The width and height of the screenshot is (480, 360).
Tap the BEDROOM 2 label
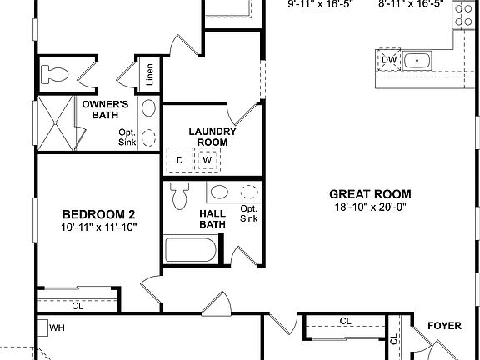pos(98,213)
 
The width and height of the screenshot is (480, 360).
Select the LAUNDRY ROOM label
pos(212,137)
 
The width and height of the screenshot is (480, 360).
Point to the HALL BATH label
pos(212,218)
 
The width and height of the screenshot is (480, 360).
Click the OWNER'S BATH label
pos(104,109)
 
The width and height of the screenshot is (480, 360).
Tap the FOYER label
pos(444,326)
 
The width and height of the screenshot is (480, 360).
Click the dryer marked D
pos(179,159)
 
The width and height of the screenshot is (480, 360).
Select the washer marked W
pos(207,159)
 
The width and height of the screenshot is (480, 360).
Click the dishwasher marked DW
pos(388,60)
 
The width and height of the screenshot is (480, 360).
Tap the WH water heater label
pos(57,327)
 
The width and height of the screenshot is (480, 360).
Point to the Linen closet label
pos(149,75)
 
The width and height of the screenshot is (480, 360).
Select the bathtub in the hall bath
pos(192,250)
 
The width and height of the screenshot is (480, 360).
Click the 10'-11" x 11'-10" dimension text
pos(98,227)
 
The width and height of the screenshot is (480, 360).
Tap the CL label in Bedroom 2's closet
pos(77,306)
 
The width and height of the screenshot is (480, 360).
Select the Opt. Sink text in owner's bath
pos(127,137)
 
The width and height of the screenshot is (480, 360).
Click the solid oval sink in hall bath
pos(219,192)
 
